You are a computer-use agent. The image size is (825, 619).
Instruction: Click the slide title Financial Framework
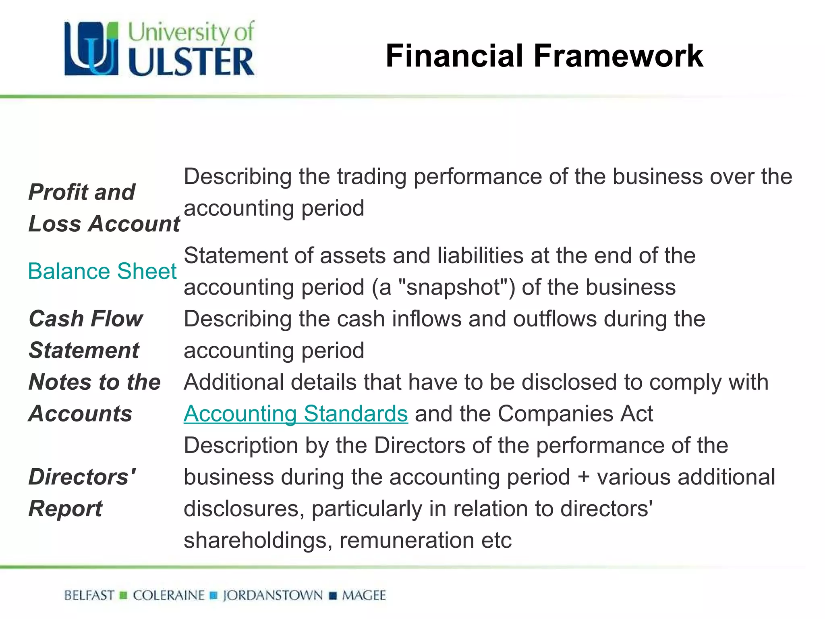544,56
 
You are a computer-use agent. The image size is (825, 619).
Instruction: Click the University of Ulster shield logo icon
92,48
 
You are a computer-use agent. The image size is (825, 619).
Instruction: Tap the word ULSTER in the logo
191,62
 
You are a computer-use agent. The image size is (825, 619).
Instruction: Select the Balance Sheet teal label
102,271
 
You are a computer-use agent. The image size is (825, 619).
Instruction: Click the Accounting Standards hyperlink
296,414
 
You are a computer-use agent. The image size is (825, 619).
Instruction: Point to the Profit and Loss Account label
104,208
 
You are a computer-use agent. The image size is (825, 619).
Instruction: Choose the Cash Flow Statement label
85,334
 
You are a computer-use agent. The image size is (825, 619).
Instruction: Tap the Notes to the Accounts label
95,397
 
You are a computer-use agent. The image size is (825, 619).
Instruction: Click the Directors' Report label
82,492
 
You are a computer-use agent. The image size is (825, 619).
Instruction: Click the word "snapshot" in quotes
454,287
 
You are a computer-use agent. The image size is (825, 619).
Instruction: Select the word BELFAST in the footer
89,595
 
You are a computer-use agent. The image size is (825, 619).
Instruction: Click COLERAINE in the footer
169,595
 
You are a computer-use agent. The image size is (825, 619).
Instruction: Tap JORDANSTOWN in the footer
273,595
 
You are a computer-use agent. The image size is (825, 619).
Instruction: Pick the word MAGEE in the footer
364,595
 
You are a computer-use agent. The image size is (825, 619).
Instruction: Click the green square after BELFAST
124,596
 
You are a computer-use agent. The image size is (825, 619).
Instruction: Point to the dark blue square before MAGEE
333,596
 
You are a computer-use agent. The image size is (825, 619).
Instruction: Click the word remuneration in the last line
406,540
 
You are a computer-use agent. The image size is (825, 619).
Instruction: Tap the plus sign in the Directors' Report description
583,478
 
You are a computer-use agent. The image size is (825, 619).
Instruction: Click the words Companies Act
575,414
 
